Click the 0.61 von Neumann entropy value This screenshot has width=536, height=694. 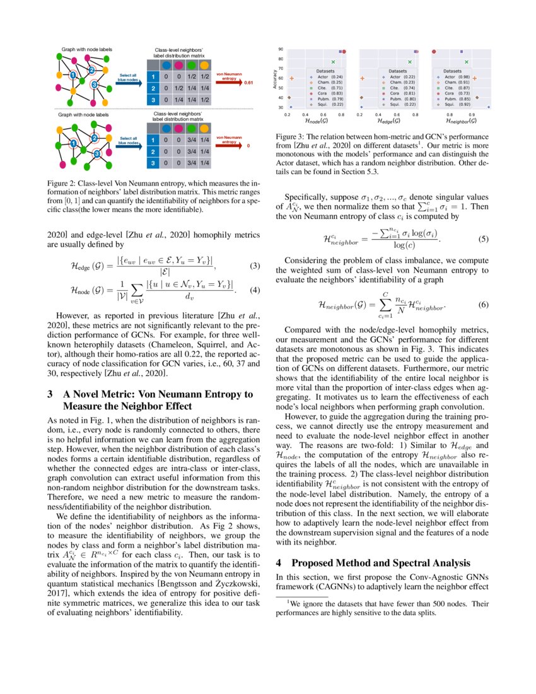(x=248, y=83)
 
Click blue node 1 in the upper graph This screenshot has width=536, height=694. (x=73, y=76)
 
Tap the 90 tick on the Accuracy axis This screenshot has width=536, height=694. (x=281, y=49)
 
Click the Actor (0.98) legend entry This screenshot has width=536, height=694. (x=461, y=77)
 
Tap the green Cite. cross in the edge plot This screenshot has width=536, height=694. (x=411, y=62)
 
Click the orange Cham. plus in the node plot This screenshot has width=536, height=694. (x=292, y=78)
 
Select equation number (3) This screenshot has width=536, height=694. (x=255, y=266)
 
